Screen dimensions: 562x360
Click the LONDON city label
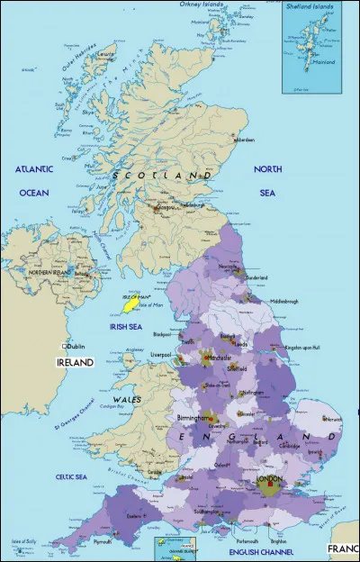(270, 480)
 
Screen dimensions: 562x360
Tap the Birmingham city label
(193, 419)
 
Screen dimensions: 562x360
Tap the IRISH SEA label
(124, 327)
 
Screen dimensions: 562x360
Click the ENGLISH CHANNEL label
(260, 550)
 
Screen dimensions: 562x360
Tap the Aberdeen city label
(246, 141)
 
